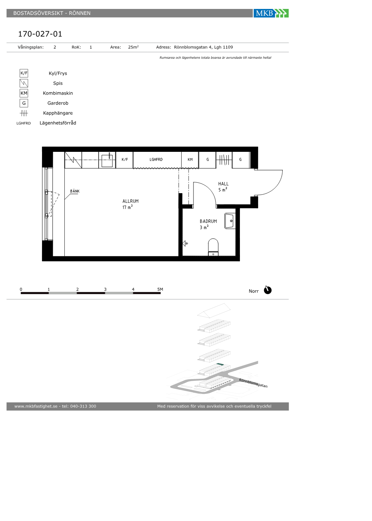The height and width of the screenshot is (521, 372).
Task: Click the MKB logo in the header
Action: pos(271,13)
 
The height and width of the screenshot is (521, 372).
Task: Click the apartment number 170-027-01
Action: pos(40,34)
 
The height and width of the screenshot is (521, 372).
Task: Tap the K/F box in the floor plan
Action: pos(124,160)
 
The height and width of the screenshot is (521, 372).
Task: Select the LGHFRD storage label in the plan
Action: pos(156,160)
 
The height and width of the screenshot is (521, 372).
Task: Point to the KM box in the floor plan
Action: pos(190,160)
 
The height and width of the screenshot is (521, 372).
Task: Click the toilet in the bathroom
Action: pos(213,247)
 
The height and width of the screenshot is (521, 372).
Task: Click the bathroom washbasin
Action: pos(230,221)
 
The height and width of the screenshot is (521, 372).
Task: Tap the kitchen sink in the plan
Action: pos(107,160)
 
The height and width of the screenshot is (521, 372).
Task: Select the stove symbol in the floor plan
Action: pos(73,160)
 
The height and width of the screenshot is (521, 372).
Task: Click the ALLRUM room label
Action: pos(131,201)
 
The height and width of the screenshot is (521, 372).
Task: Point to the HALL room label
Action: pos(223,184)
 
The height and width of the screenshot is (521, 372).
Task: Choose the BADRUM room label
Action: pos(208,221)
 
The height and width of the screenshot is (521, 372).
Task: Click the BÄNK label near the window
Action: pos(75,191)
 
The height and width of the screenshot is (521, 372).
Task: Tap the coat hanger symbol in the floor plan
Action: pos(224,160)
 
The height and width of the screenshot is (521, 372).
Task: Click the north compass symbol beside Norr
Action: pos(267,290)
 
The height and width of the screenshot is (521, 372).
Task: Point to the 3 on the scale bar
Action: pos(105,290)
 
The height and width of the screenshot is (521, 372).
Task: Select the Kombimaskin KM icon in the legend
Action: pos(24,93)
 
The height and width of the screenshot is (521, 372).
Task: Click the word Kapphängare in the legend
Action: pos(58,113)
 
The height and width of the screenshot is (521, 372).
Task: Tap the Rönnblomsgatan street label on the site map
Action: pos(253,383)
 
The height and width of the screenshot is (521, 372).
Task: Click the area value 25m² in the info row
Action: pos(133,47)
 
